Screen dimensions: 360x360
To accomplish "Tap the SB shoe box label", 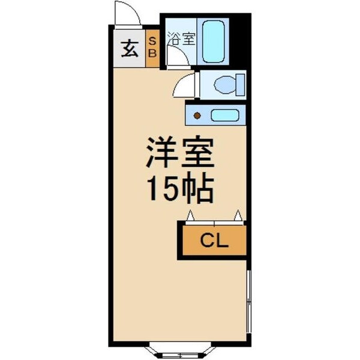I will (x=152, y=46).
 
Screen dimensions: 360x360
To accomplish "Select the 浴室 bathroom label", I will (x=181, y=40).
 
